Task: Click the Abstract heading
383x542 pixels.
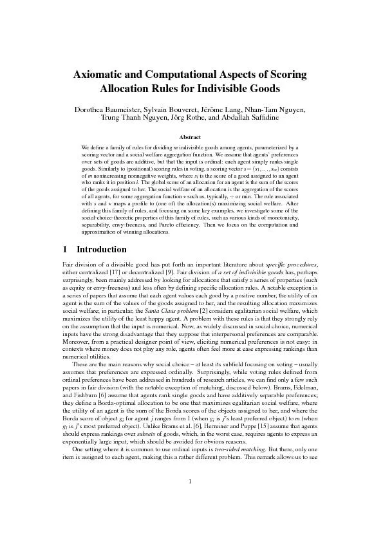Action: tap(191, 137)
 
